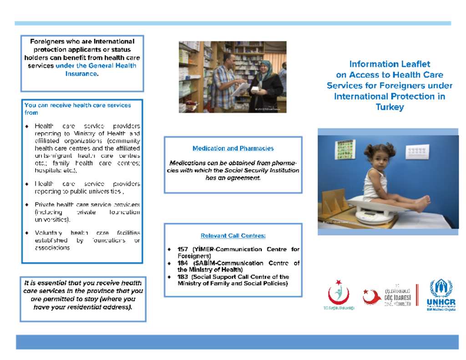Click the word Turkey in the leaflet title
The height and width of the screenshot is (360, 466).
[x=390, y=107]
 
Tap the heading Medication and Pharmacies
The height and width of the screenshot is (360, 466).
[x=233, y=148]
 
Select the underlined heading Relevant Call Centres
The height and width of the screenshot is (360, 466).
[x=233, y=236]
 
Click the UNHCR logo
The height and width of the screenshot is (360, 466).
[x=441, y=295]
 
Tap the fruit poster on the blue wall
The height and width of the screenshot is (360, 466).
[x=345, y=150]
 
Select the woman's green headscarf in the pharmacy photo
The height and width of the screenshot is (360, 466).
[x=265, y=67]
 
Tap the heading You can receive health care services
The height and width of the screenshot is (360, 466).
[x=77, y=105]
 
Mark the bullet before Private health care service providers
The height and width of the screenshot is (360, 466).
[x=27, y=205]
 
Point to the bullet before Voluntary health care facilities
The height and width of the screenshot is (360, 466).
[x=27, y=233]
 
